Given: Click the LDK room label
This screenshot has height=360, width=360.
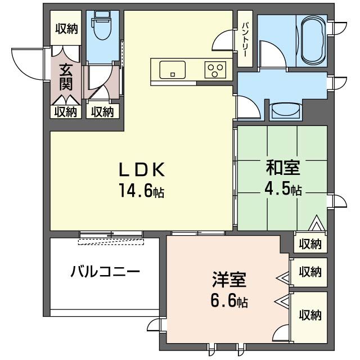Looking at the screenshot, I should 141,169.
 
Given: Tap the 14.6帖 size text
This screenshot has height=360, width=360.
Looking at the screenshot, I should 141,191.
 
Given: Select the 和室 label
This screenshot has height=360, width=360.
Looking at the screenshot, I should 282,168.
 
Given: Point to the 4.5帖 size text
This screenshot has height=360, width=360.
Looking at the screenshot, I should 282,189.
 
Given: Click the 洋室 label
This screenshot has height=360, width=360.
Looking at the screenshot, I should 228,280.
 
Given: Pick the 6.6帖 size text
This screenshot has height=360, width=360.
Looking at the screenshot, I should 228,301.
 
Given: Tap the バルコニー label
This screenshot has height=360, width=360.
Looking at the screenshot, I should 105,272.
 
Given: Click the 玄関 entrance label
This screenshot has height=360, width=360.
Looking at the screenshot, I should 66,78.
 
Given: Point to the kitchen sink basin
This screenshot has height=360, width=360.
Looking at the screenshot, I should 172,70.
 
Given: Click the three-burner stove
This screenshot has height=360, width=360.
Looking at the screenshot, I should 214,70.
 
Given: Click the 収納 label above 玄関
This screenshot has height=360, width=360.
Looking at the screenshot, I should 66,28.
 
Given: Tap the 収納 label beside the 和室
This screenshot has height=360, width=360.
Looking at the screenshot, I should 310,244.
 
